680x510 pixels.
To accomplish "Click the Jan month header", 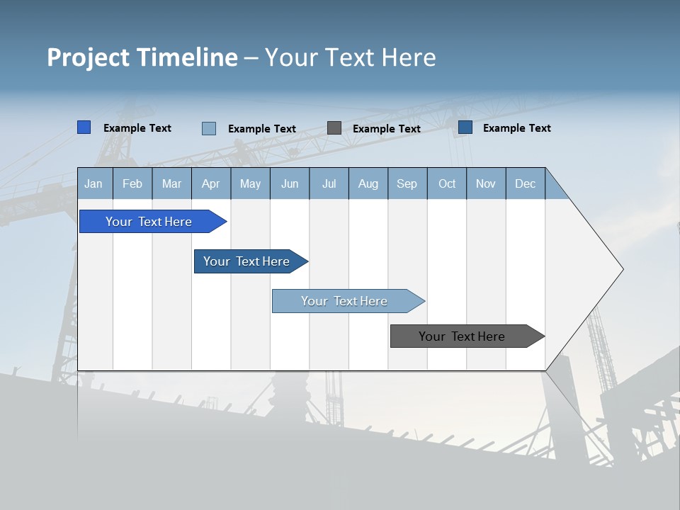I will coord(94,183).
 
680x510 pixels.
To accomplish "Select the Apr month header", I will coord(211,183).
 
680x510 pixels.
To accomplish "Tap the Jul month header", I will coord(329,183).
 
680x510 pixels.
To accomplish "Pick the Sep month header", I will coord(407,183).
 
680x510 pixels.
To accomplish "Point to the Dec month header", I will coord(525,183).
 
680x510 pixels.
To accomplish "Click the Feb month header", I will coord(132,183).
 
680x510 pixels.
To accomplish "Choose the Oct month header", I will coord(447,183).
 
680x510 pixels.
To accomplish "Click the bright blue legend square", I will coord(84,127).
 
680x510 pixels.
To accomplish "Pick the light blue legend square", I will coord(209,128).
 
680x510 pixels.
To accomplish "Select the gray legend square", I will coord(334,128).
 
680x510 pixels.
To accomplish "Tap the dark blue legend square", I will coord(465,127).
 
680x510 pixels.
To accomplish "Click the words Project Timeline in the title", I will coord(142,57).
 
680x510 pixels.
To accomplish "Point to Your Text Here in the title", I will coord(350,57).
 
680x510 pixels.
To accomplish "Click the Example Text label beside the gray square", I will coord(386,129).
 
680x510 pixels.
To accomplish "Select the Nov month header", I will coord(486,183).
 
